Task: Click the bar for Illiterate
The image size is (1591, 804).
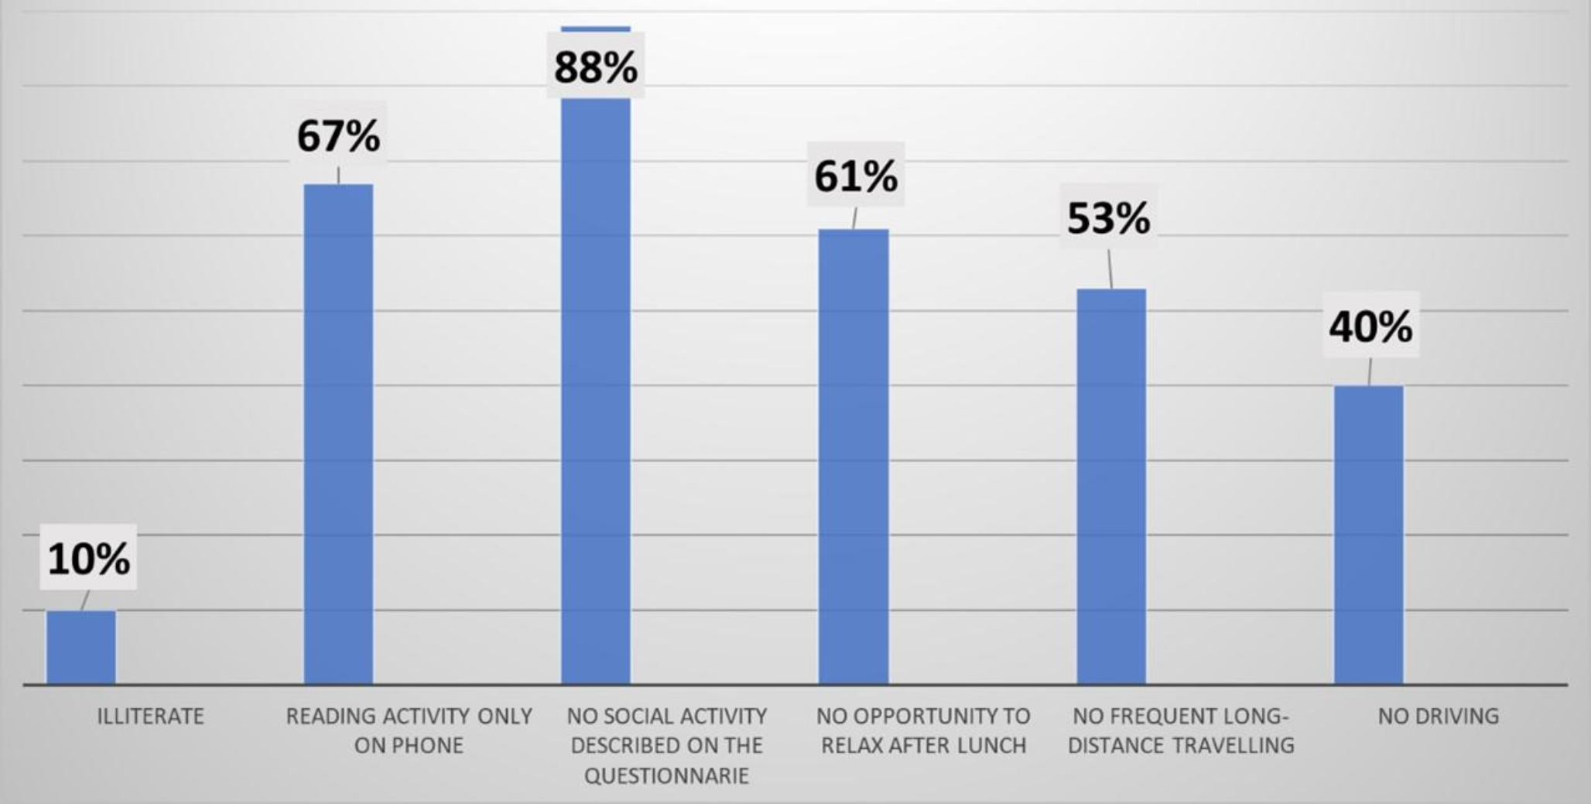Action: pos(81,648)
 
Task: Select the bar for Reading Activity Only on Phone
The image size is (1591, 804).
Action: pos(338,434)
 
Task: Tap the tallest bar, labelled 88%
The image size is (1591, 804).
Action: pos(596,387)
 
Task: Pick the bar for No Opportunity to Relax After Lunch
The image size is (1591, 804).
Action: pos(854,457)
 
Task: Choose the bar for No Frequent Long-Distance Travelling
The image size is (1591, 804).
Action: pos(1111,487)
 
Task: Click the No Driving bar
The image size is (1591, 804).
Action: pos(1368,535)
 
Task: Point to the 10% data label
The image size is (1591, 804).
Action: pos(88,558)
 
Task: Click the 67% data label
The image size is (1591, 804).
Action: pos(338,135)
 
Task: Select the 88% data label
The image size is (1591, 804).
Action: pos(596,67)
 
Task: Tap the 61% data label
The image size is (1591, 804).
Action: pos(856,176)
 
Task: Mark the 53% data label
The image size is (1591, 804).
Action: pos(1108,217)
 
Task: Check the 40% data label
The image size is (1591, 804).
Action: pos(1370,326)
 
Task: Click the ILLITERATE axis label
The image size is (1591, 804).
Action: pos(150,716)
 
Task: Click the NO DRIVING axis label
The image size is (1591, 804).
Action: pos(1438,716)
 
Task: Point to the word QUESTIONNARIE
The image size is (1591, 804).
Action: pos(666,775)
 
